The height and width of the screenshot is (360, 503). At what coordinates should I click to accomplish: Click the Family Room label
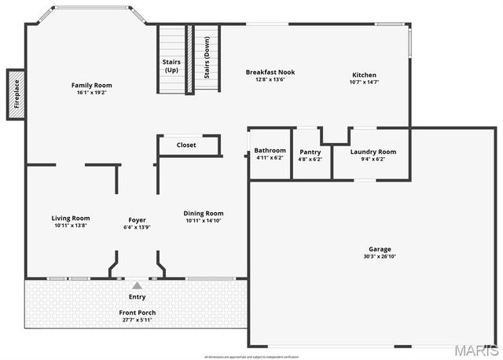[91, 85]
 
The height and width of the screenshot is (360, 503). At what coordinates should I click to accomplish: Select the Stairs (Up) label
[171, 65]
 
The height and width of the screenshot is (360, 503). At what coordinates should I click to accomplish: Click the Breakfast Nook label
[270, 72]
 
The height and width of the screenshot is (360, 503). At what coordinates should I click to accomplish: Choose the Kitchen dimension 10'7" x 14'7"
[363, 82]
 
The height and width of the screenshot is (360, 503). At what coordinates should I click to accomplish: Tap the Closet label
[186, 145]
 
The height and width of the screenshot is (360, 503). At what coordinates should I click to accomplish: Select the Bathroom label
[270, 150]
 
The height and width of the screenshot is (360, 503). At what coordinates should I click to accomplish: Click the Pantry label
[310, 151]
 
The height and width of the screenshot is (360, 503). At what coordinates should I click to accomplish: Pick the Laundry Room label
[373, 151]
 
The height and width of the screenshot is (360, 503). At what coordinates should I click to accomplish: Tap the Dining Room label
[204, 213]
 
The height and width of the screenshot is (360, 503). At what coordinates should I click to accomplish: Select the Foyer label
[138, 219]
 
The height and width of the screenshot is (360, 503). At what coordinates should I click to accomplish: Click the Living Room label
[71, 219]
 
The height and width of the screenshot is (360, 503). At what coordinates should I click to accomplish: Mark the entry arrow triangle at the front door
[137, 285]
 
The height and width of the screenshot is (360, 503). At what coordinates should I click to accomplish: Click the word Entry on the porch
[137, 297]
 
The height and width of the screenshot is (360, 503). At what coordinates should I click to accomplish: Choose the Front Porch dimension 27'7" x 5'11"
[137, 320]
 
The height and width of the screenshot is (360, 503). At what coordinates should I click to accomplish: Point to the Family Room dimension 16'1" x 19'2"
[91, 93]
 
